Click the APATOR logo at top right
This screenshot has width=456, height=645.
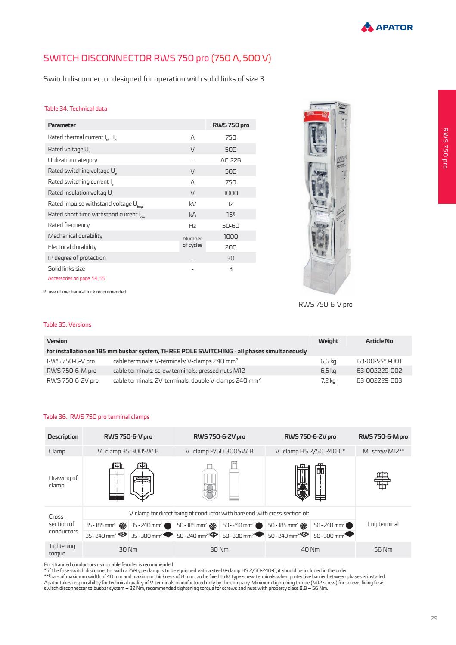[387, 27]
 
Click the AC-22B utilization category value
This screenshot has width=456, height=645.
[230, 160]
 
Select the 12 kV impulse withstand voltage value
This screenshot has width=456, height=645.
[230, 204]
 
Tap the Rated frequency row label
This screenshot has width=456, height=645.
[69, 225]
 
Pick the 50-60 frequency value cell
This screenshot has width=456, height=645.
[230, 226]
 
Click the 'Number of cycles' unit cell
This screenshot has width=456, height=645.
[192, 242]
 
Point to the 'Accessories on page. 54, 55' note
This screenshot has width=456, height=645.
[76, 278]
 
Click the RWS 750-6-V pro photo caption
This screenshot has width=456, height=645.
[325, 305]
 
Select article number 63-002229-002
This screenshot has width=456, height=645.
[379, 371]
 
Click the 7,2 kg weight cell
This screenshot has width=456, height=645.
[328, 381]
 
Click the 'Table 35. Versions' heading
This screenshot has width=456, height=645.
[67, 325]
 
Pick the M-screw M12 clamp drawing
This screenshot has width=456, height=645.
[383, 480]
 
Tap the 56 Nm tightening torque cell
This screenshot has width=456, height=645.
[383, 550]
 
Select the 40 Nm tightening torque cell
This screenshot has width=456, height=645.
[310, 550]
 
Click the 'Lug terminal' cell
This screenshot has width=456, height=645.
[383, 524]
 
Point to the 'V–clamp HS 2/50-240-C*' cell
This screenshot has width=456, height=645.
[310, 451]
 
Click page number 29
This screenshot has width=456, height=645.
[434, 618]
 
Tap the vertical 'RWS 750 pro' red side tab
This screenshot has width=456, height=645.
[447, 146]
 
